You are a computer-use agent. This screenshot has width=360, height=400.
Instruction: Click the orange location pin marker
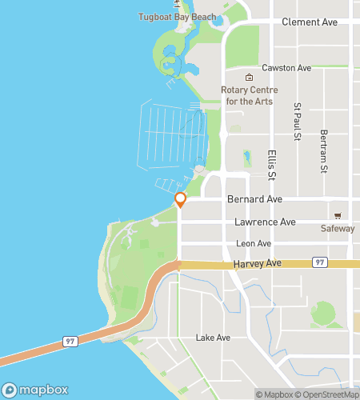tap(181, 200)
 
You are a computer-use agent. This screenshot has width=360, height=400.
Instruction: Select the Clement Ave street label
tap(310, 22)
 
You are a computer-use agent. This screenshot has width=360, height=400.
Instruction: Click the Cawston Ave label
tap(286, 68)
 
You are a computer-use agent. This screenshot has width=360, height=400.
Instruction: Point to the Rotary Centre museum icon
tap(249, 78)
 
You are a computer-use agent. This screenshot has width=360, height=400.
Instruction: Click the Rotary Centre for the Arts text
tap(249, 95)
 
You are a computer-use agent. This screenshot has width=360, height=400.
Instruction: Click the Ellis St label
tap(272, 164)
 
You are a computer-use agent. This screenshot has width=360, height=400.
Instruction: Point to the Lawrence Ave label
tap(266, 222)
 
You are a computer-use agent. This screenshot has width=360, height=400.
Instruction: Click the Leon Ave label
tap(254, 243)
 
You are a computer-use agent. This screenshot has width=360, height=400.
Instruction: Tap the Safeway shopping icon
tap(338, 216)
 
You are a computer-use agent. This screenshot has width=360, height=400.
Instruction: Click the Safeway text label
tap(338, 229)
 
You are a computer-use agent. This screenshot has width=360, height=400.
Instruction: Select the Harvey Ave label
tap(259, 263)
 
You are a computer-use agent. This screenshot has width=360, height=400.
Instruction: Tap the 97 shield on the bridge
tap(70, 342)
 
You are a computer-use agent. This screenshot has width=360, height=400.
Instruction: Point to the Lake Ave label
tap(213, 338)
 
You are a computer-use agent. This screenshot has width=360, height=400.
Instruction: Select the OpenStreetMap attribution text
tap(330, 394)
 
